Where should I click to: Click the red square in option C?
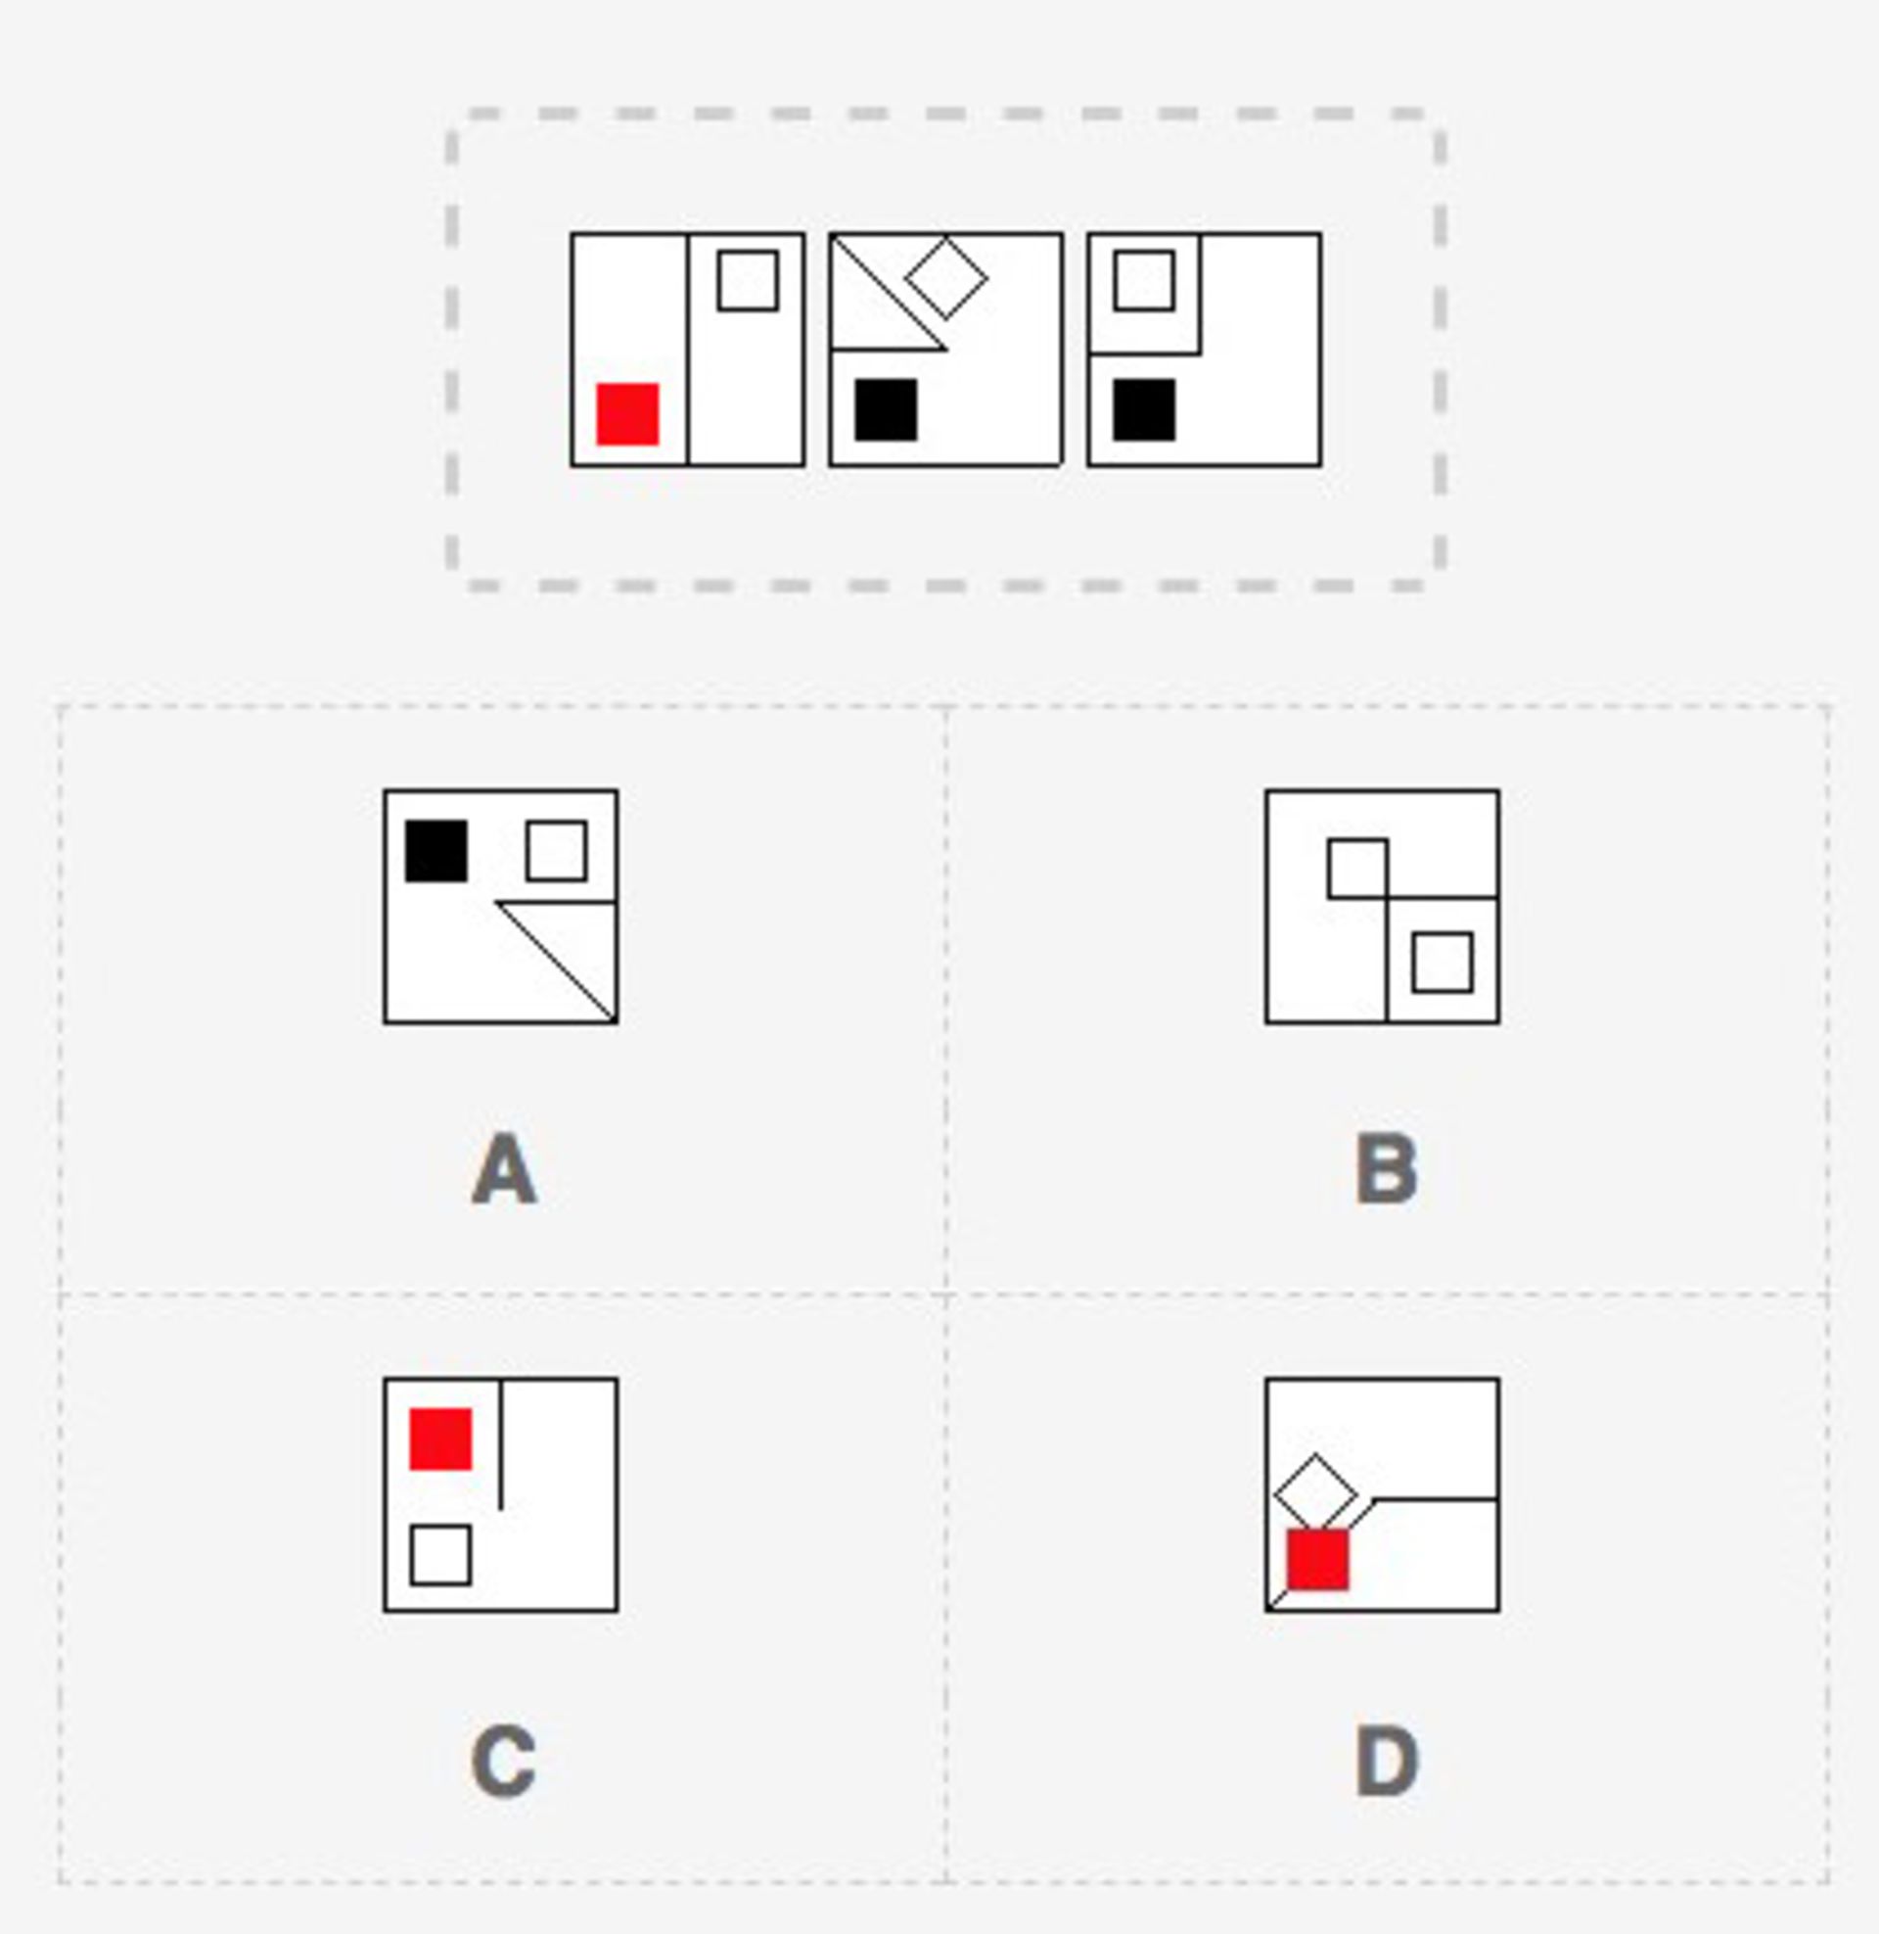pos(440,1439)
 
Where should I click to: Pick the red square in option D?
pos(1317,1560)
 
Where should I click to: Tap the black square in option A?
pos(436,850)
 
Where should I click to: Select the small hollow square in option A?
pos(557,850)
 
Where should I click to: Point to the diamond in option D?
pos(1315,1494)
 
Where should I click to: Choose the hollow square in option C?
pos(440,1555)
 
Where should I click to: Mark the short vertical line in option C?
pos(501,1444)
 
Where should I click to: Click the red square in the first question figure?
pos(627,413)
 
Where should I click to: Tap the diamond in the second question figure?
pos(946,277)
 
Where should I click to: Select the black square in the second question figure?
pos(887,409)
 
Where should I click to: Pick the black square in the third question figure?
pos(1145,409)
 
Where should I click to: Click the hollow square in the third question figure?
pos(1145,280)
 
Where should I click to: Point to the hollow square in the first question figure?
pos(748,280)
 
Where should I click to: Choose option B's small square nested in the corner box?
pos(1443,962)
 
